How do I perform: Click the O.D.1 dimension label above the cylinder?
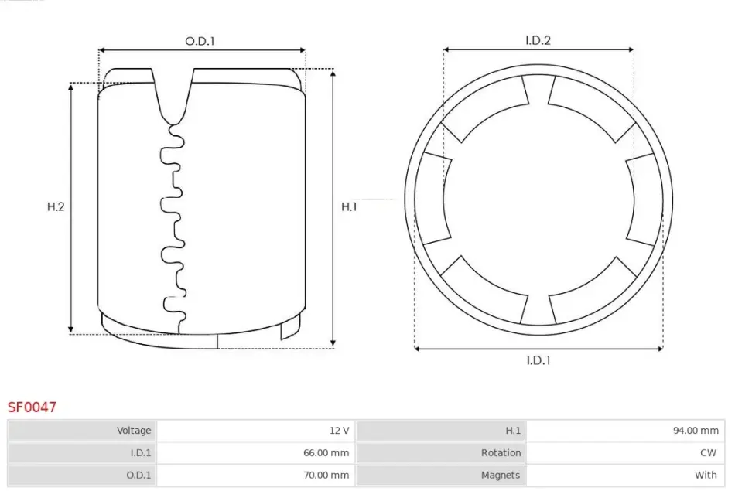(200, 41)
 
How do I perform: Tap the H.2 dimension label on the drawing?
(56, 206)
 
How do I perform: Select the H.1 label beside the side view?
(349, 206)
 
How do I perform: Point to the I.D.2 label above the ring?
(538, 40)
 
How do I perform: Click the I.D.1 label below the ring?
(538, 360)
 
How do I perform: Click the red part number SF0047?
(32, 407)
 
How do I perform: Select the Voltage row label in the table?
(134, 430)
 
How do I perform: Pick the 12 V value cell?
(340, 430)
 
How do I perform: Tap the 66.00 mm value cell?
(326, 452)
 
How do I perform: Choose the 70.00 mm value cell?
(326, 475)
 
